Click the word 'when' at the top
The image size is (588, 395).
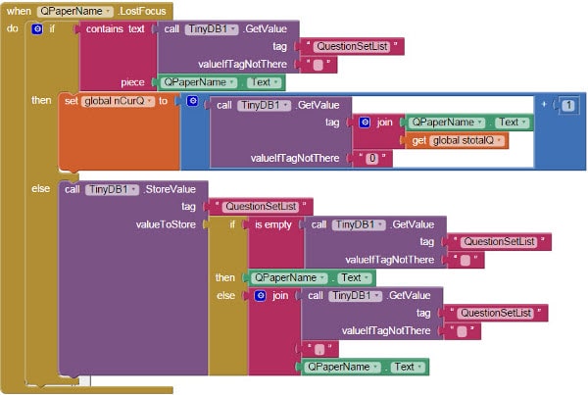pos(19,10)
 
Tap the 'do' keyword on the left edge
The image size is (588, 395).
pos(12,28)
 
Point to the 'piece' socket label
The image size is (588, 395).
pos(134,82)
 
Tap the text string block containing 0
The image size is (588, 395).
pos(372,159)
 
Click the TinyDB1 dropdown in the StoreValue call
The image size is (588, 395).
pos(112,188)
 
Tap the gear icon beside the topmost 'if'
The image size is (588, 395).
pos(36,29)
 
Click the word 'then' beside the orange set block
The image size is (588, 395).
pos(42,101)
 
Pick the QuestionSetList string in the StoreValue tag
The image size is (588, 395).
pos(259,206)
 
